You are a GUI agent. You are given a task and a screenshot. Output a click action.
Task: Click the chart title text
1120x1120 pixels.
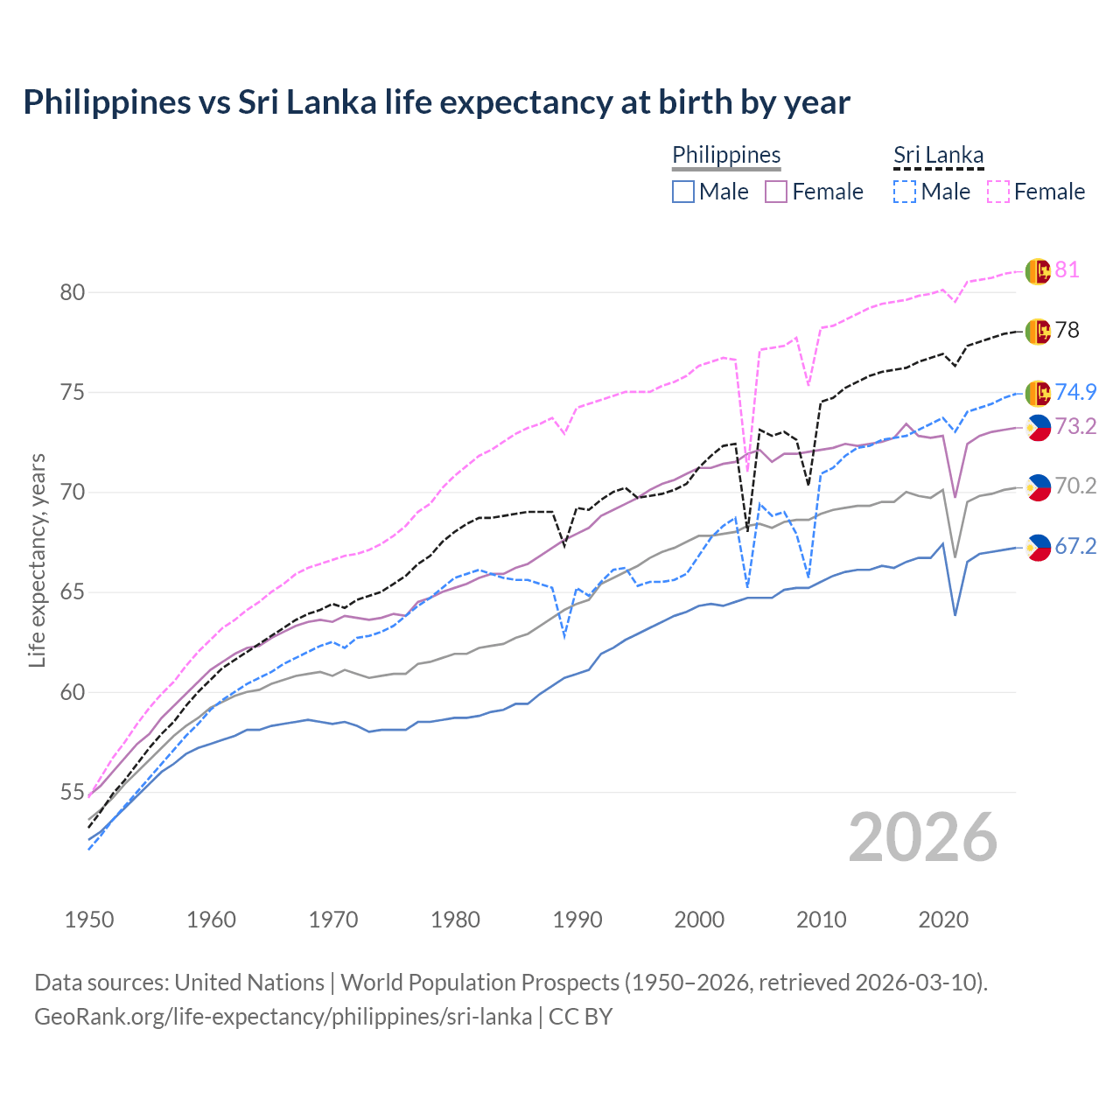coord(436,102)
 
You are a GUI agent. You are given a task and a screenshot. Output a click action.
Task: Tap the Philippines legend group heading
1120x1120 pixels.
coord(726,155)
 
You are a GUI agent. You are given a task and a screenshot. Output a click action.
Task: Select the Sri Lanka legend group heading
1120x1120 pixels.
coord(938,155)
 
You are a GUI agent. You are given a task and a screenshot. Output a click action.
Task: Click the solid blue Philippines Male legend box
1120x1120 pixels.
coord(683,192)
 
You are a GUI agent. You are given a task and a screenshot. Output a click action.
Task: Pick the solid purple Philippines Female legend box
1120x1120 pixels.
coord(776,192)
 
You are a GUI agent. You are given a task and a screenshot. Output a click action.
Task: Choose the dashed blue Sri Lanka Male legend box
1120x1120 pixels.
coord(905,192)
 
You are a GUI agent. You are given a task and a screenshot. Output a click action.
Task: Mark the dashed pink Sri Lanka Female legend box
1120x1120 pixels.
coord(998,192)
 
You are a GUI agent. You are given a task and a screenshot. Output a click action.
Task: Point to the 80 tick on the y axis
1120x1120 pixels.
coord(73,292)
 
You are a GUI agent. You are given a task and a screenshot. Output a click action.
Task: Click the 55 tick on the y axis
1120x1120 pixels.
coord(73,793)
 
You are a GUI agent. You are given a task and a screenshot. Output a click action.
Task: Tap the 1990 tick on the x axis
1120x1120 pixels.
coord(577,920)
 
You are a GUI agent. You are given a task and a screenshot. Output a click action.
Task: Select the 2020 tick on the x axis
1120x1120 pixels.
coord(943,920)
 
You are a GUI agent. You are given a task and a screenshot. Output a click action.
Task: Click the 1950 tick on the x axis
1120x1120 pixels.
coord(89,920)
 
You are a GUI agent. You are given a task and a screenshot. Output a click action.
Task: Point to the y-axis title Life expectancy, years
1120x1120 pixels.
coord(37,560)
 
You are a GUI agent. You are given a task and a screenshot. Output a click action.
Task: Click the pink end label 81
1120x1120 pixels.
coord(1067,270)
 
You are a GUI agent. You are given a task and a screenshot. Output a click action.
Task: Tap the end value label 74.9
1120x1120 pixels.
coord(1075,393)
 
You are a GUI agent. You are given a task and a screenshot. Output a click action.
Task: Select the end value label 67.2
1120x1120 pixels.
coord(1075,547)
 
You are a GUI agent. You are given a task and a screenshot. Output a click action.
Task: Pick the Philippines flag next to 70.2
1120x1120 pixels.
coord(1038,487)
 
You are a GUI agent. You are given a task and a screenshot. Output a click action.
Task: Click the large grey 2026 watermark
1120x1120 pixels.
coord(922,837)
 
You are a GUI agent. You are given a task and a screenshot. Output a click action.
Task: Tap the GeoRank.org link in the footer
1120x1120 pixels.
coord(283,1017)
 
